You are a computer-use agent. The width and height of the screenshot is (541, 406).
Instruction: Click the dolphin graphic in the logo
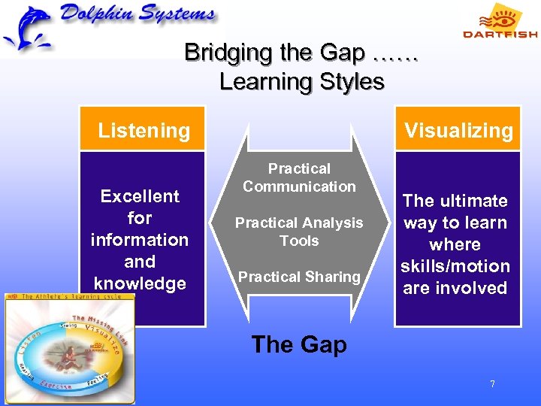pos(29,29)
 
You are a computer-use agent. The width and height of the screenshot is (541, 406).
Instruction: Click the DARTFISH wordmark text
pos(500,34)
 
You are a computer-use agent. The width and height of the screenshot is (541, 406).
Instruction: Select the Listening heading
pos(144,130)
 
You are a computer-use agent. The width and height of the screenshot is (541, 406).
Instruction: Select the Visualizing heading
pos(458,130)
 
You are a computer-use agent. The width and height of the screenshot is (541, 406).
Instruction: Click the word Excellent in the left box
pos(140,196)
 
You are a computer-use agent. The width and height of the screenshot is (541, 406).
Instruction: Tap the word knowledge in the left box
pos(140,283)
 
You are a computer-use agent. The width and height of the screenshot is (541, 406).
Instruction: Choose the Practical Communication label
pos(299,177)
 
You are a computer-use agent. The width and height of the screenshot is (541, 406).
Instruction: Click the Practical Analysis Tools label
pos(299,232)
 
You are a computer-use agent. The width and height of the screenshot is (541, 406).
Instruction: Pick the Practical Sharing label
pos(299,277)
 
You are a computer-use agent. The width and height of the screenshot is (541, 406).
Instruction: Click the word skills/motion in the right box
pos(455,266)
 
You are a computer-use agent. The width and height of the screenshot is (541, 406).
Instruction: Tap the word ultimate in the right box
pos(473,201)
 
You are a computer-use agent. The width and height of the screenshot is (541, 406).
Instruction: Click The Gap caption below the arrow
pos(299,344)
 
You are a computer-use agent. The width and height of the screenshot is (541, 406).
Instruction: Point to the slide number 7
pos(492,384)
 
